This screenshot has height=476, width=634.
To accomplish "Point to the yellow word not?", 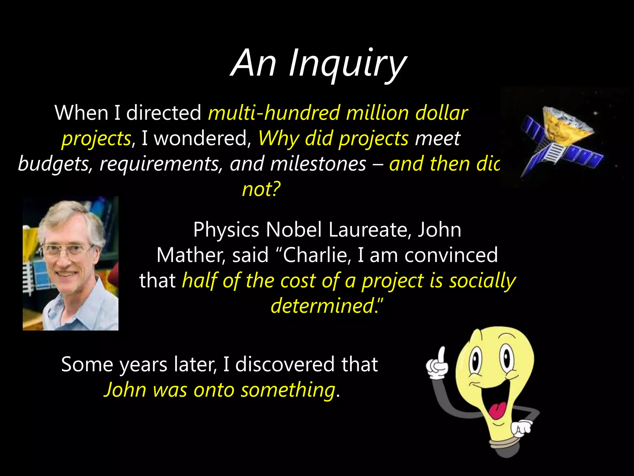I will [x=261, y=189].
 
